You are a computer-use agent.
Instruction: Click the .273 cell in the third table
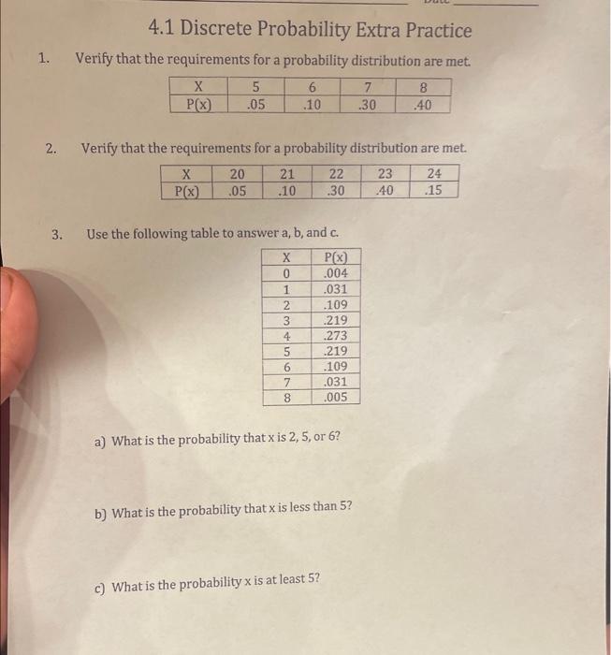coord(335,335)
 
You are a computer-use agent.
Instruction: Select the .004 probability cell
coord(335,273)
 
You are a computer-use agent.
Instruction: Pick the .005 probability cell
coord(335,397)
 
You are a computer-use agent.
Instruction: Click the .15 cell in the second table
coord(433,190)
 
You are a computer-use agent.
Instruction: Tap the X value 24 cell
coord(434,173)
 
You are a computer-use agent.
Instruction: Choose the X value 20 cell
coord(238,173)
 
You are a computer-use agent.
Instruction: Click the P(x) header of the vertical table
coord(335,257)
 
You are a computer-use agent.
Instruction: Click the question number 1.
coord(44,58)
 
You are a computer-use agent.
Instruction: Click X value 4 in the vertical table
coord(286,335)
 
